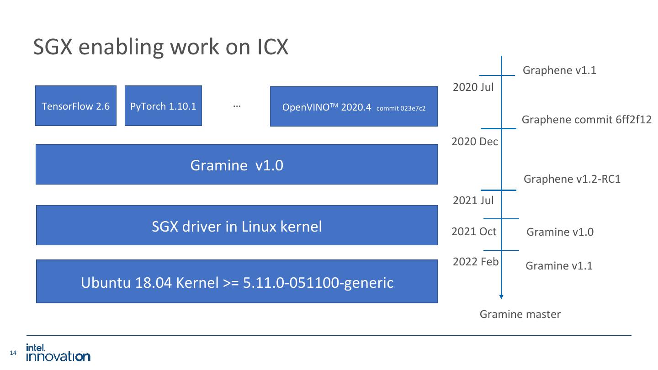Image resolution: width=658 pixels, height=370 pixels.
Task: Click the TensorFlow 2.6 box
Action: (76, 106)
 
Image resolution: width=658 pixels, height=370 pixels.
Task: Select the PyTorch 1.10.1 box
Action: (163, 106)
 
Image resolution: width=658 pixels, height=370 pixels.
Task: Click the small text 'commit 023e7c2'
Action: (401, 109)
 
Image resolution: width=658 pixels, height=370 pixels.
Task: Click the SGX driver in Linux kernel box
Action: (237, 226)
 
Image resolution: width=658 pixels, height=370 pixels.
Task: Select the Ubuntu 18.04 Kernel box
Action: (237, 282)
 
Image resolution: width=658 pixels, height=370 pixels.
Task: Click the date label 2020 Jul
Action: (473, 87)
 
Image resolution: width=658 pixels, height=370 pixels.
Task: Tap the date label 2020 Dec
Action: (474, 142)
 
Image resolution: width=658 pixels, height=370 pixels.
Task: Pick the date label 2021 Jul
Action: (473, 200)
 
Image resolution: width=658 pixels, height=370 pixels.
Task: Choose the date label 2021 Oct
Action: (473, 232)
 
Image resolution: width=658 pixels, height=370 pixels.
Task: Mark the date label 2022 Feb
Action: (475, 262)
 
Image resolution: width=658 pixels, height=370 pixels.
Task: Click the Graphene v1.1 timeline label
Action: (559, 70)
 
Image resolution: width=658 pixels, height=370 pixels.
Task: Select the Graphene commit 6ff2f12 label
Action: (586, 120)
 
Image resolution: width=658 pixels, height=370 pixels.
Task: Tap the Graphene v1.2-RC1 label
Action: (572, 179)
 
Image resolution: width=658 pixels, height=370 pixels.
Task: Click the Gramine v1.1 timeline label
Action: (559, 266)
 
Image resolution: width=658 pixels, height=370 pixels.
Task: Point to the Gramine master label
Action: (520, 314)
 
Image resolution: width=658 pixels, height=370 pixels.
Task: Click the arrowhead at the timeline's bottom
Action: (501, 296)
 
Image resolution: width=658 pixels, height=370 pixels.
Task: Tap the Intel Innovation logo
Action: (58, 352)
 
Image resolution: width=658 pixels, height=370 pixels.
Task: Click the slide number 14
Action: (13, 353)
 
